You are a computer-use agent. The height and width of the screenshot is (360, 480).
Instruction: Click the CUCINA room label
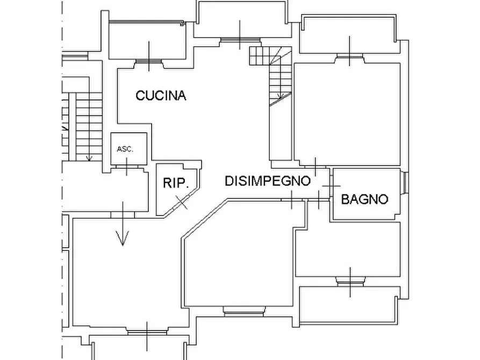point(161,96)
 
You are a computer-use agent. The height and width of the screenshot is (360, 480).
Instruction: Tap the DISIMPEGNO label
point(268,181)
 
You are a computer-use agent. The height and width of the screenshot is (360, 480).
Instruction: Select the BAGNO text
point(364,199)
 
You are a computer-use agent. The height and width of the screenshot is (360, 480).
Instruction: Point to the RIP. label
point(176,183)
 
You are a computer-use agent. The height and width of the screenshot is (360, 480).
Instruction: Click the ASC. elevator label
point(125,149)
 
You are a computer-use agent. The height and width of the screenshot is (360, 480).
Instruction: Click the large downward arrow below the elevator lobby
point(123,224)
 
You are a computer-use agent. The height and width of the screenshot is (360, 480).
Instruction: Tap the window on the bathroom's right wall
point(405,183)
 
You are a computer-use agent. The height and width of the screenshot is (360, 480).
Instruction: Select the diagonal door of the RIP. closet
point(181,202)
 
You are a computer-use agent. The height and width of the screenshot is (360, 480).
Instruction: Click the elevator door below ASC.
point(127,167)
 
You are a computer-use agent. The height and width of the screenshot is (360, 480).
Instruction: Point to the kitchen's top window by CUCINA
point(149,61)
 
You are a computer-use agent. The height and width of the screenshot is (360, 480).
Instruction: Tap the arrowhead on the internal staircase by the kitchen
point(280,96)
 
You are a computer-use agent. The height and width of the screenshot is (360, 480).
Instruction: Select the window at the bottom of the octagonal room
point(243,311)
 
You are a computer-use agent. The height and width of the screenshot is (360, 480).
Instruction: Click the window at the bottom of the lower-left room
point(147,333)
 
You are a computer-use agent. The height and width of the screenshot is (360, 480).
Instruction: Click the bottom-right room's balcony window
point(350,282)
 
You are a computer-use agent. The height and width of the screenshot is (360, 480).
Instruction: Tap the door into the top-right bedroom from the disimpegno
point(316,167)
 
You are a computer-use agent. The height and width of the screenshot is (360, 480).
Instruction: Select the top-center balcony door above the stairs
point(240,40)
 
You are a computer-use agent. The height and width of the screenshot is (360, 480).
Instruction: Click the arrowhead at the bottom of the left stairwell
point(89,159)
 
